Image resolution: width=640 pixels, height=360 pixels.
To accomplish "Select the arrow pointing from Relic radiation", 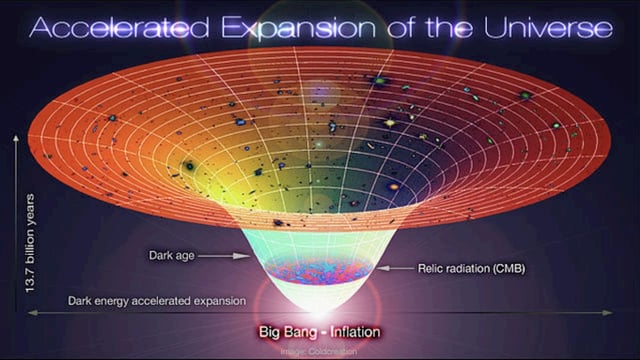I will (395, 268).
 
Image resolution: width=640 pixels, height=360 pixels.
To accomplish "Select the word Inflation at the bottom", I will (350, 330).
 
